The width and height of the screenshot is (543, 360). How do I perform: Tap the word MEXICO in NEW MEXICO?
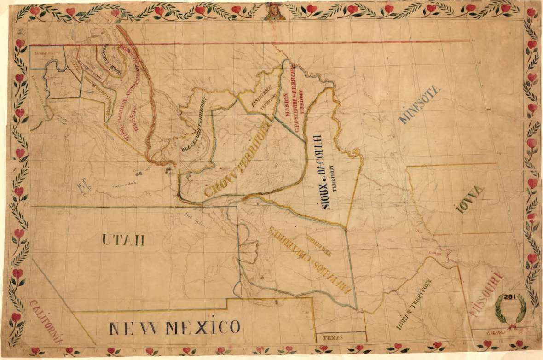click(202, 328)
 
